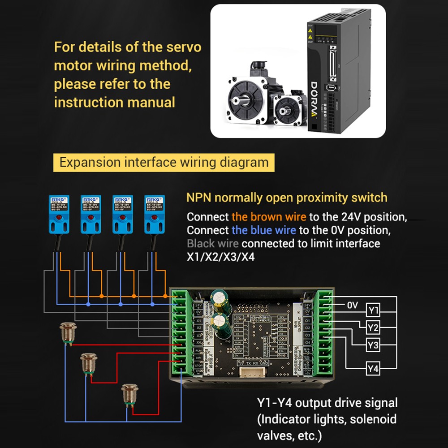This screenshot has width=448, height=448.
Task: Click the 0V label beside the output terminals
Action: [353, 305]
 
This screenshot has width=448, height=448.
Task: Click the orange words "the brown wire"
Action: [269, 217]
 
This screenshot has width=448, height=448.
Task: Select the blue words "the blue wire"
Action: [263, 230]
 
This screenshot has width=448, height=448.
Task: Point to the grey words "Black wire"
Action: [212, 244]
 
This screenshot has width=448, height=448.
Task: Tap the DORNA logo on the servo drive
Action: [314, 99]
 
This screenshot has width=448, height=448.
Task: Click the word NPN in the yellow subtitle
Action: [199, 198]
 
